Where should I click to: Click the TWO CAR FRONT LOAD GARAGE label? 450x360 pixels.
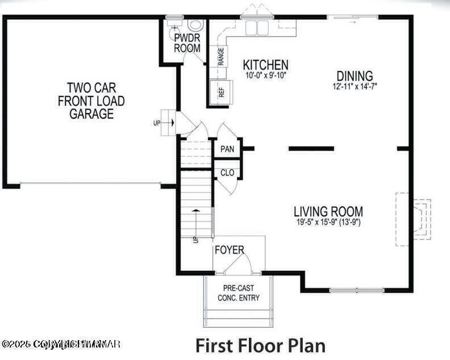(x=91, y=101)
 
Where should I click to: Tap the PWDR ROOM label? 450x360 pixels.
(x=187, y=43)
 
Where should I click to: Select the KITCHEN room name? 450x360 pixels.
(x=265, y=65)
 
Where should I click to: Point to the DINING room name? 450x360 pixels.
(x=355, y=76)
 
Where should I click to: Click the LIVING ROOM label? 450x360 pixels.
(x=328, y=212)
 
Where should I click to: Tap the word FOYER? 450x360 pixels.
(x=229, y=250)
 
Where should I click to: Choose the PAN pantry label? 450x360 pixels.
(x=227, y=149)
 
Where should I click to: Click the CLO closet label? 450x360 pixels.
(x=227, y=172)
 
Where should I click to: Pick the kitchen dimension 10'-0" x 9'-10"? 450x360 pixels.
(x=265, y=75)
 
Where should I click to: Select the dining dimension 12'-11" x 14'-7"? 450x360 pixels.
(x=355, y=86)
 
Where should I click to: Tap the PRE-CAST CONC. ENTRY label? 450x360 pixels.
(x=239, y=293)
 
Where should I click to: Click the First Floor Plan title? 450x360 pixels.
(x=260, y=345)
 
